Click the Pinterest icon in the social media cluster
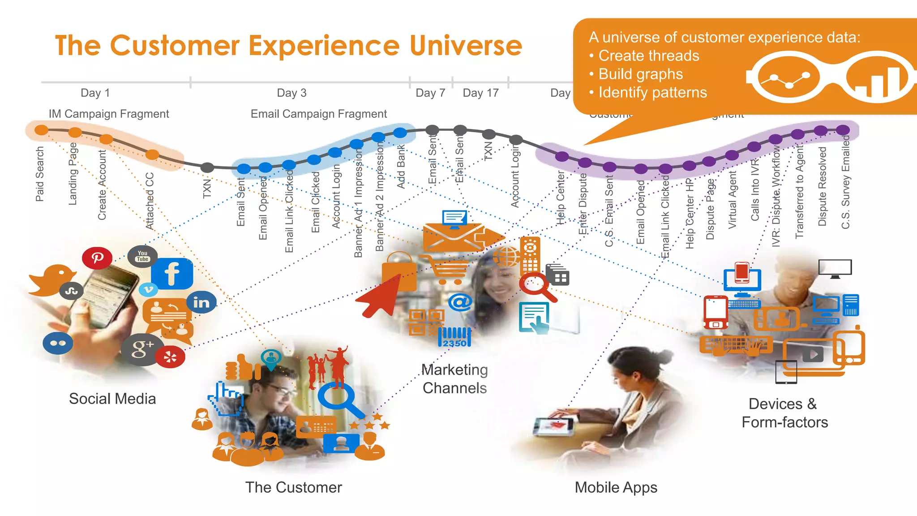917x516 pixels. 97,258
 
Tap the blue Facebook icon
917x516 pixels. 172,274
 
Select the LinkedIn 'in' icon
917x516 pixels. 201,303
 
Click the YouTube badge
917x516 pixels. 142,256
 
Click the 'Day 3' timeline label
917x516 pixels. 291,93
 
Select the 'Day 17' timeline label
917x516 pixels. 480,93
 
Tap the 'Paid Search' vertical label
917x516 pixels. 40,174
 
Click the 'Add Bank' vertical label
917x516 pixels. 401,166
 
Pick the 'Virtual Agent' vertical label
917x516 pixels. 732,200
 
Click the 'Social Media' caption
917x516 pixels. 112,399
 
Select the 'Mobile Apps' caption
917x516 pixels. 616,487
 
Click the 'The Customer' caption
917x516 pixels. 293,487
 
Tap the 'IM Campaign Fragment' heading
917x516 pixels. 109,114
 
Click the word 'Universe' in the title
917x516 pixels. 466,46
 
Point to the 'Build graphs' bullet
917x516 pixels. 640,74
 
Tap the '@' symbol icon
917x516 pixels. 460,302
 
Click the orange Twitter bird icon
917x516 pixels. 51,280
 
